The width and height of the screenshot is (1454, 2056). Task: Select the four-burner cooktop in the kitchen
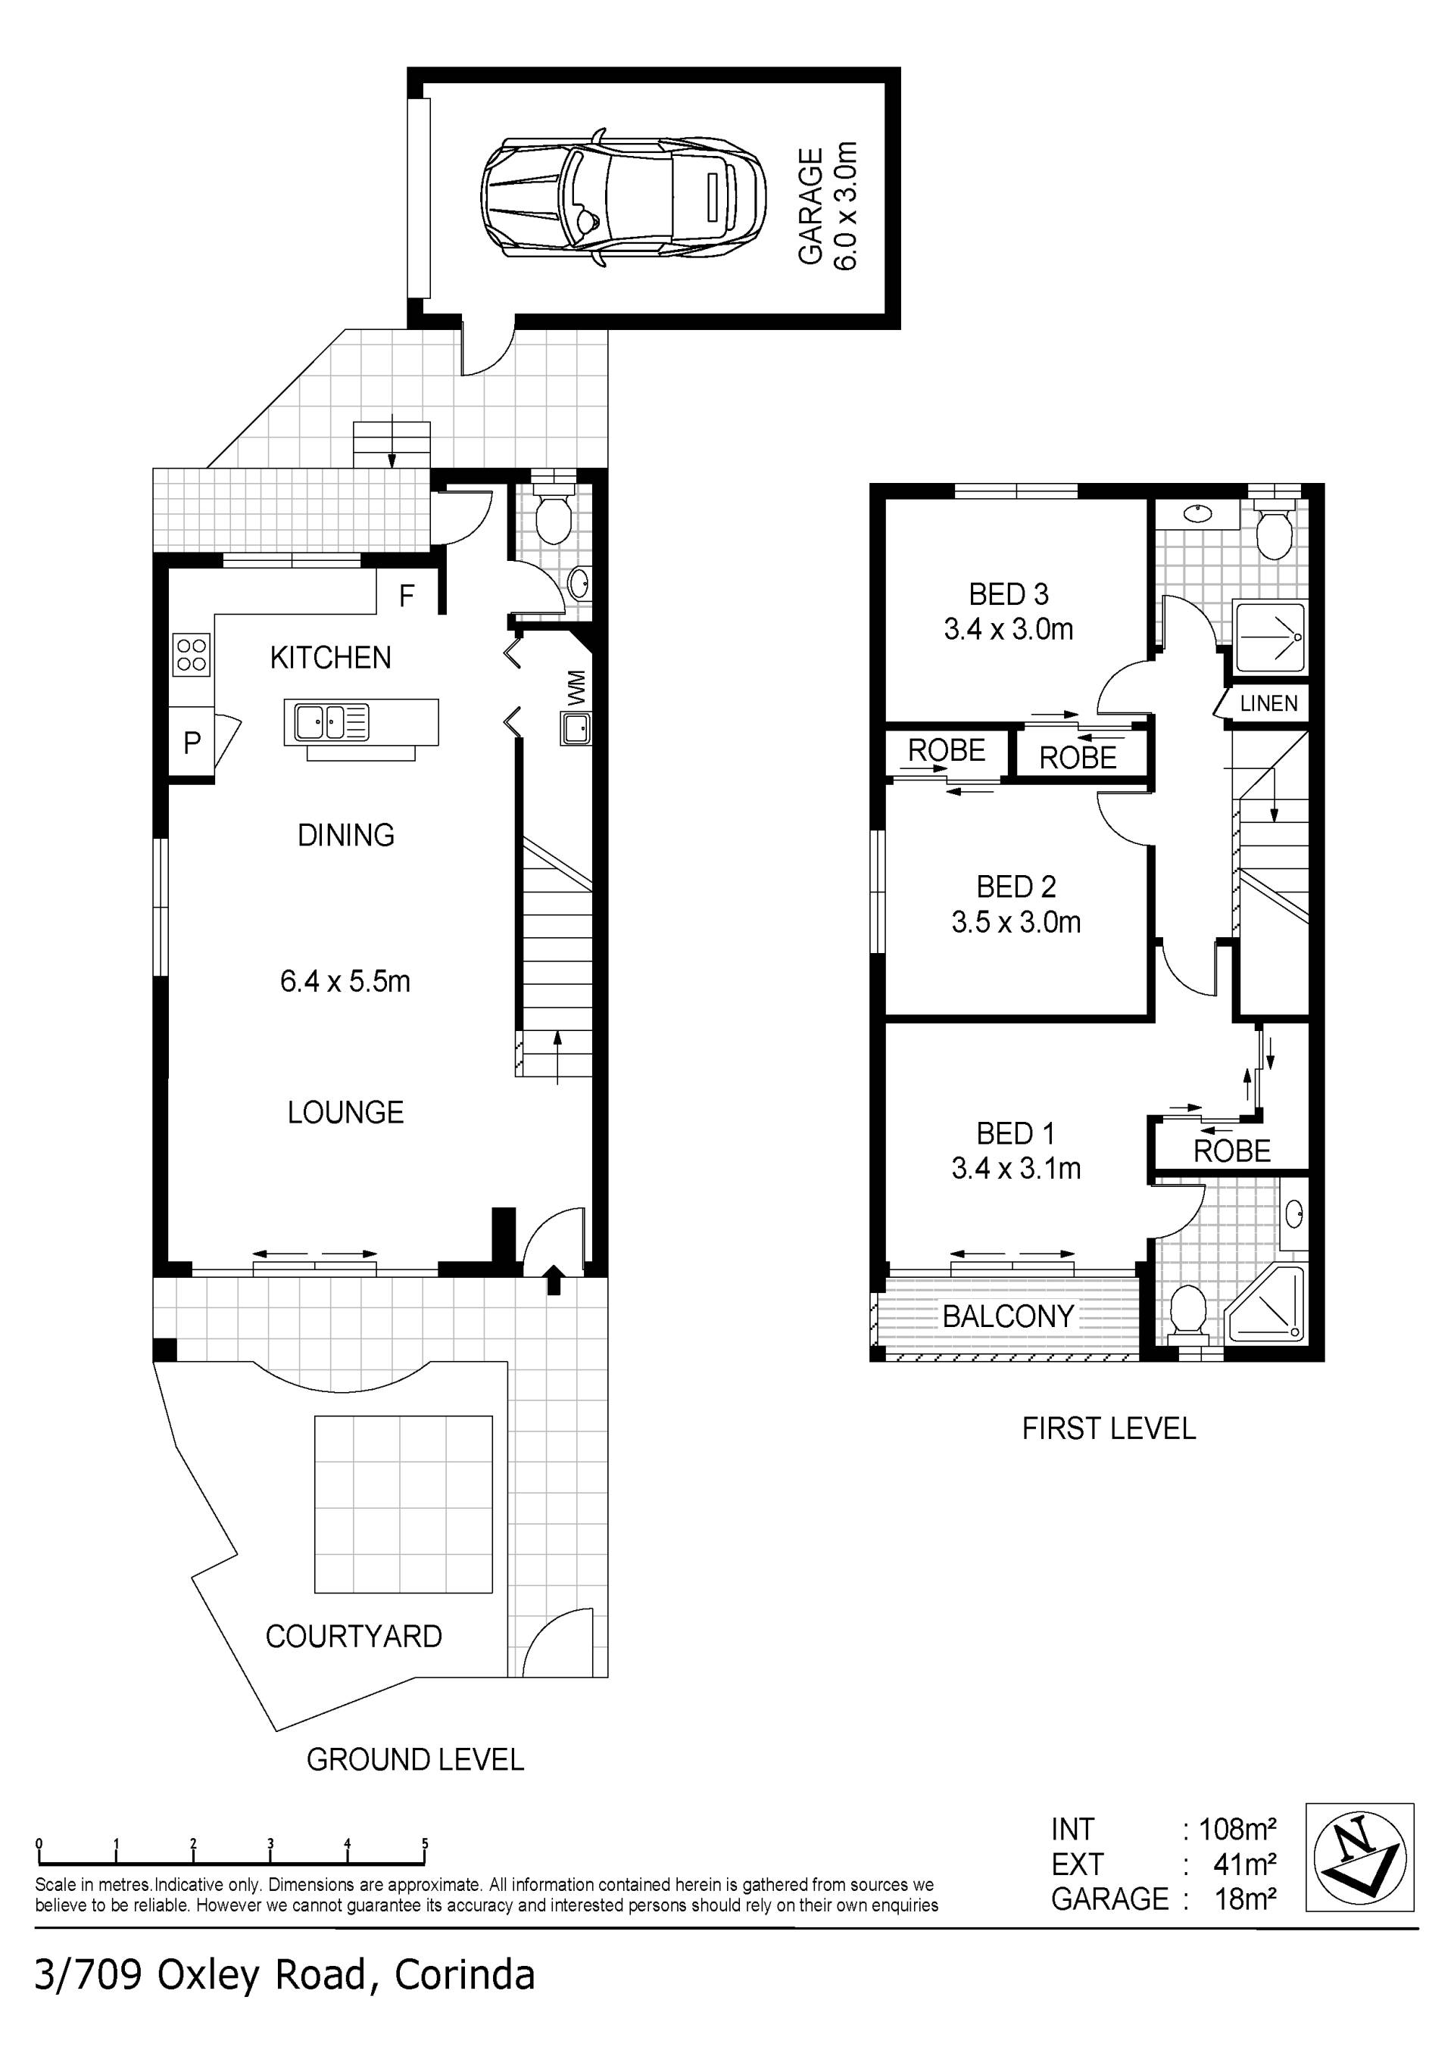coord(192,654)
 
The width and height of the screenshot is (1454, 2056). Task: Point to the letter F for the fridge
coord(407,596)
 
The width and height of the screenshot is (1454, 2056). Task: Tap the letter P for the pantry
coord(192,743)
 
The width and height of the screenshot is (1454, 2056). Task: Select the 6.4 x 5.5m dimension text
coord(345,981)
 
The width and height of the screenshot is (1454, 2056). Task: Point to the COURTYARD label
coord(354,1637)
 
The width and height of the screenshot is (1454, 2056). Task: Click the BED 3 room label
coord(1009,593)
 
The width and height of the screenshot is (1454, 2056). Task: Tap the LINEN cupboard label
coord(1268,703)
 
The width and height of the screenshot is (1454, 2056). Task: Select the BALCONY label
coord(1008,1316)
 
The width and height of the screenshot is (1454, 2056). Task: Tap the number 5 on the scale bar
coord(425,1843)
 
